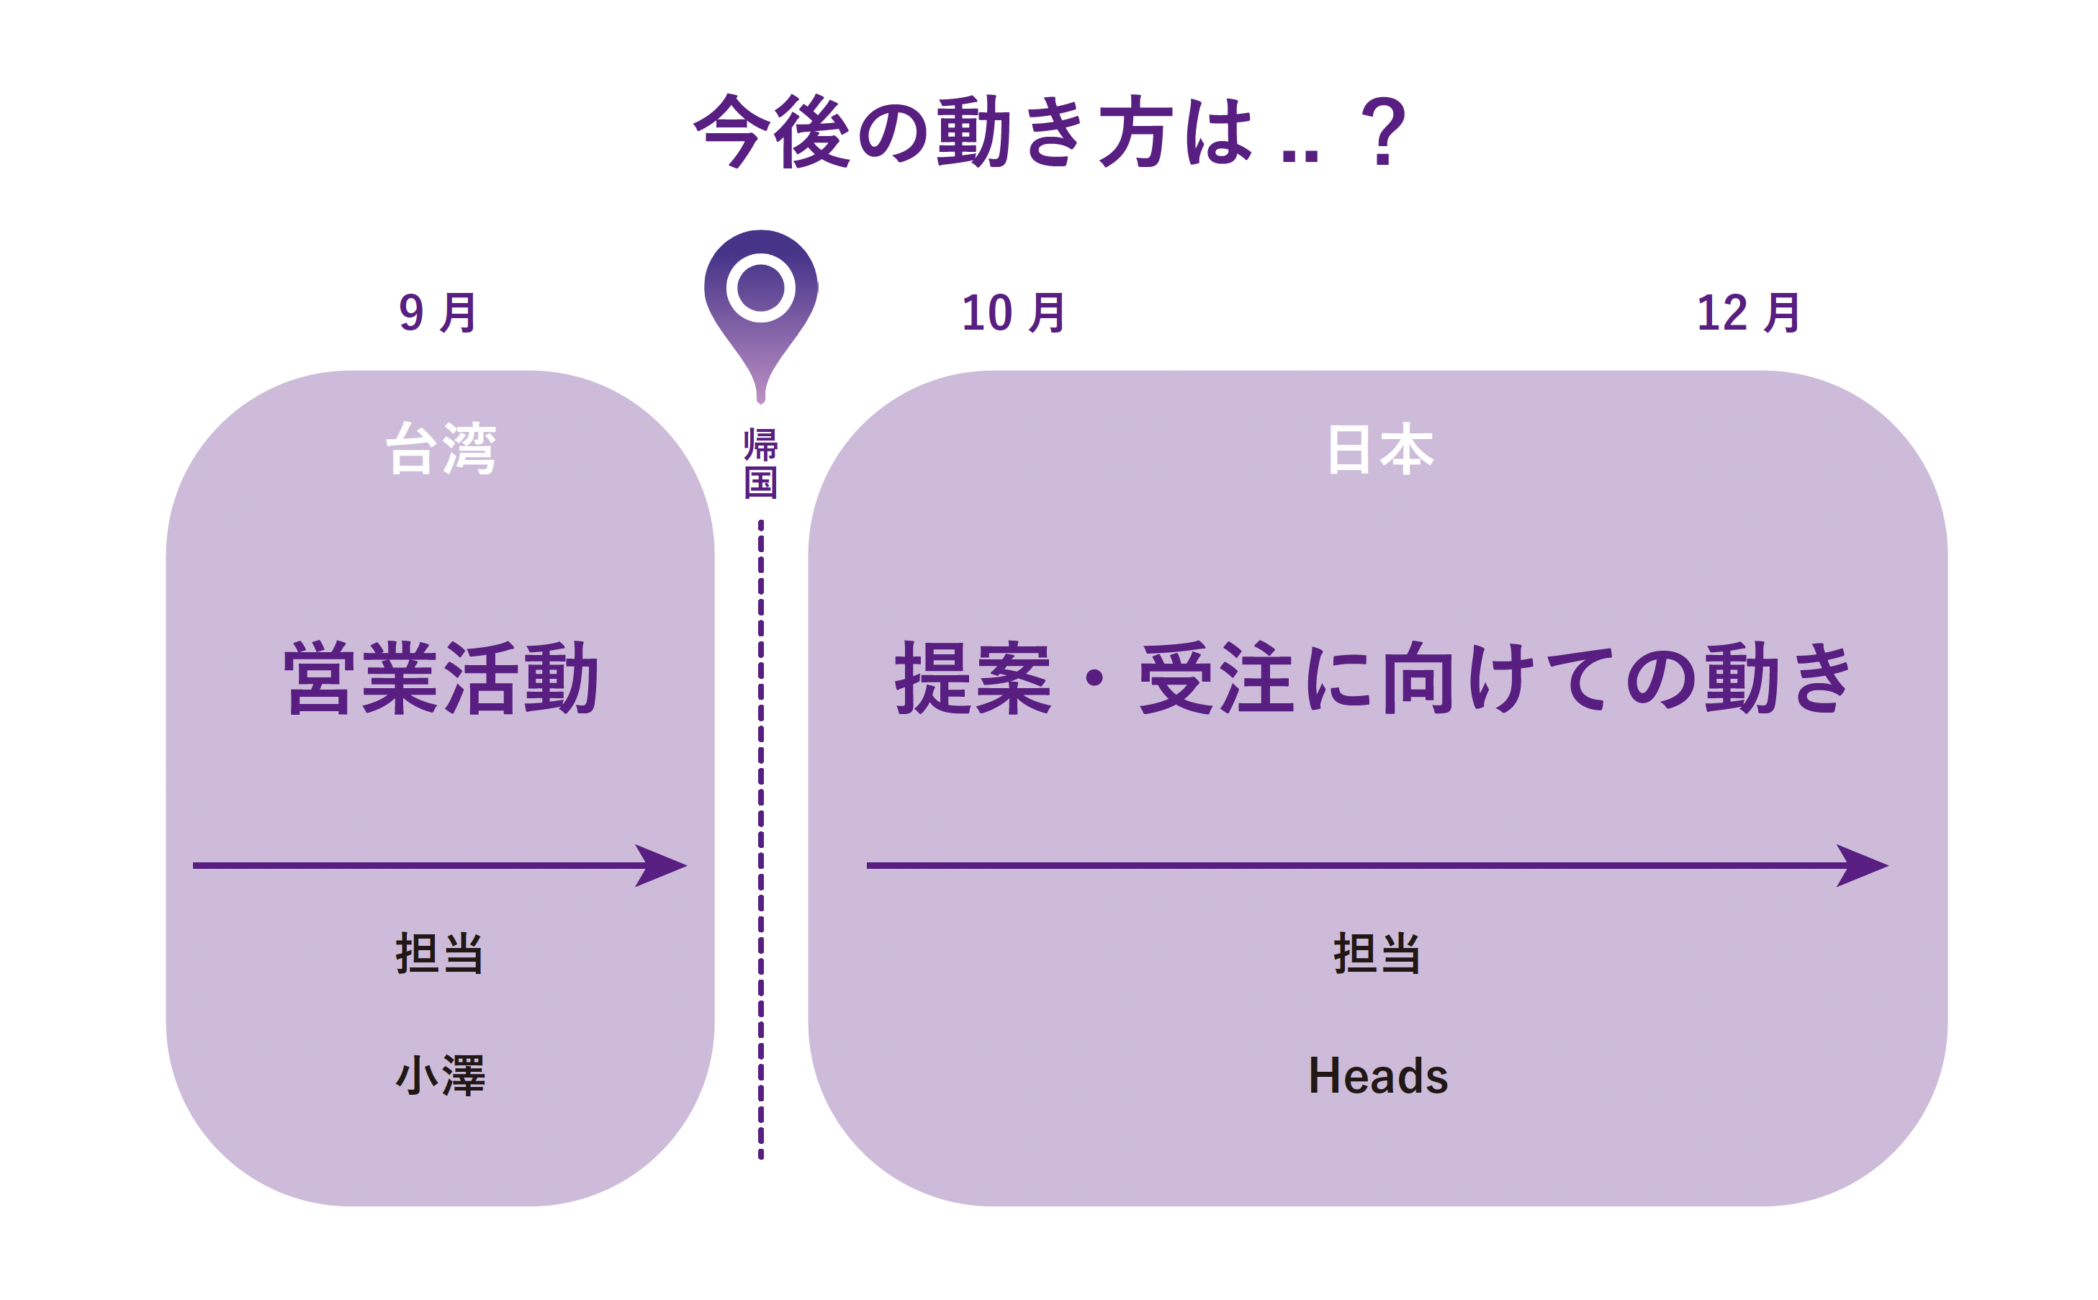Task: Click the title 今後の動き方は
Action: click(972, 132)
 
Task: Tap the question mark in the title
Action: click(1384, 132)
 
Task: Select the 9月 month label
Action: click(437, 313)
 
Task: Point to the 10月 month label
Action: click(1013, 313)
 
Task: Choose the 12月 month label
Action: click(1748, 313)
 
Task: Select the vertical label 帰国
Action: click(760, 464)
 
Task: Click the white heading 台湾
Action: click(440, 449)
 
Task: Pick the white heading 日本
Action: click(1379, 449)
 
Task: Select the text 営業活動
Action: click(440, 680)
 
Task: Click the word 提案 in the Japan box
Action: click(973, 680)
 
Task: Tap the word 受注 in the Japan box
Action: click(1216, 680)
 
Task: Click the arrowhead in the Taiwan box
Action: click(662, 865)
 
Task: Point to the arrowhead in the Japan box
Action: click(1863, 865)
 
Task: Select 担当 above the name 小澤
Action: click(439, 954)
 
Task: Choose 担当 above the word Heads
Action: click(1377, 954)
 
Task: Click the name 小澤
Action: click(440, 1075)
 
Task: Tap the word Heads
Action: click(1377, 1075)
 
